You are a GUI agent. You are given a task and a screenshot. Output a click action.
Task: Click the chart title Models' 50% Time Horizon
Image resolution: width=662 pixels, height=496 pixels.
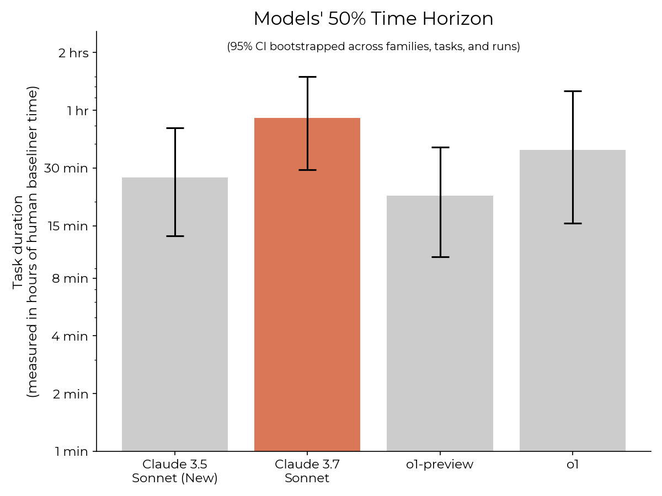tap(373, 19)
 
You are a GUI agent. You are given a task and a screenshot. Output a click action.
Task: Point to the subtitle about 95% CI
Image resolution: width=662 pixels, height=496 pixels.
tap(373, 47)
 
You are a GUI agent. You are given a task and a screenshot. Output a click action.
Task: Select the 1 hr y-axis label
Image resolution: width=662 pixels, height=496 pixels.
tap(77, 111)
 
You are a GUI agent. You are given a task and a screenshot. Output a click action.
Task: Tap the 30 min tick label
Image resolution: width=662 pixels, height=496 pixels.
tap(66, 168)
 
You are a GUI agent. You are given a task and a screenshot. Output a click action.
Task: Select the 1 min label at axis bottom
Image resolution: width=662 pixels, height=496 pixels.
tap(71, 452)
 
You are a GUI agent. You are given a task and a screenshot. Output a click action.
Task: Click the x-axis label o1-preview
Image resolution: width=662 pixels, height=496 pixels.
tap(440, 465)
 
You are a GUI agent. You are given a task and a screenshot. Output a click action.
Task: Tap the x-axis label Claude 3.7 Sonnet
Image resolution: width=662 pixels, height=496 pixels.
tap(307, 471)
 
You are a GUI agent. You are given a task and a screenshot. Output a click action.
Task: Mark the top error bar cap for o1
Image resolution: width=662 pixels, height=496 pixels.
tap(572, 91)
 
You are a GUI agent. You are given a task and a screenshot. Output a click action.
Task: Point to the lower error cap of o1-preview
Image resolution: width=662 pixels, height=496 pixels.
tap(440, 257)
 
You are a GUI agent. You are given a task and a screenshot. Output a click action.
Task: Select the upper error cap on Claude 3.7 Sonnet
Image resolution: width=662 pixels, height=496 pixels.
tap(307, 77)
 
